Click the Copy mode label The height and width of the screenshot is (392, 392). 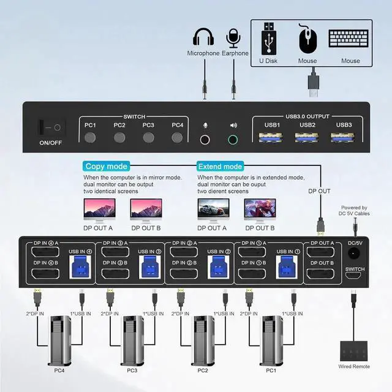point(107,167)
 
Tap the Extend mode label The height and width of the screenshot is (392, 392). point(219,167)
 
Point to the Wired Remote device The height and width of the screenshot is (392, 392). point(354,349)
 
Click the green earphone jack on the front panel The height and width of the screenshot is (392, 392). point(233,139)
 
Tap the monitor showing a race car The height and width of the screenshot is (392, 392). point(211,210)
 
